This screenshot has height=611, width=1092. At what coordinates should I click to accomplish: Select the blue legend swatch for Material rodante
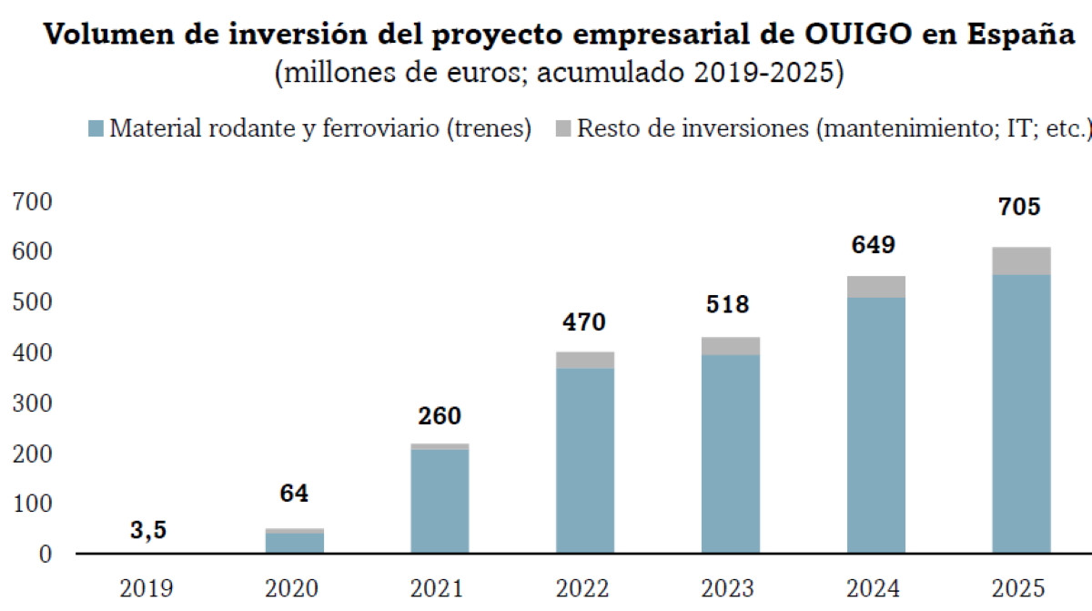96,128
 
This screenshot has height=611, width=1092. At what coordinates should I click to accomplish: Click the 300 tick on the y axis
32,402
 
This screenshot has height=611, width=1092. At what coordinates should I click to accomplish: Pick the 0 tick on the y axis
45,554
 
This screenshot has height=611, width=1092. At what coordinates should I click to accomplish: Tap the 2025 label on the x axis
1021,588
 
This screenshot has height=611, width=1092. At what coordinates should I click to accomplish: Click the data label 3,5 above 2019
148,531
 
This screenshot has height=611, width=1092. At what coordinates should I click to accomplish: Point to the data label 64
294,494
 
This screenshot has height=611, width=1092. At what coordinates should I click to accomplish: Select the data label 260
440,416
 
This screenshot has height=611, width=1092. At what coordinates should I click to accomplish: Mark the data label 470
584,322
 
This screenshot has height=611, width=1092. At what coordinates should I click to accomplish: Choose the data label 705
1020,208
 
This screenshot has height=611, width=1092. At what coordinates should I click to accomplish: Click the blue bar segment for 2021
440,501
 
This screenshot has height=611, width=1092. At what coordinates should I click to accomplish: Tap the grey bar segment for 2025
1021,260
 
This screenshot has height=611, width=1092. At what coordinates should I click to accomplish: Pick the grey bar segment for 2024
875,287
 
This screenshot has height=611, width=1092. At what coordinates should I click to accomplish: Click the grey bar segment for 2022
584,360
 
